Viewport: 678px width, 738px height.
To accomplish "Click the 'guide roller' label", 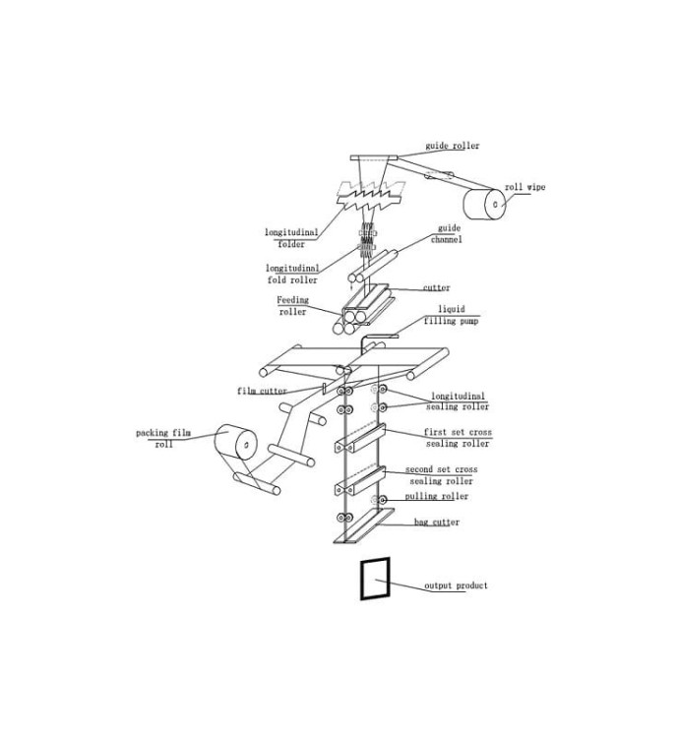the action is click(453, 146).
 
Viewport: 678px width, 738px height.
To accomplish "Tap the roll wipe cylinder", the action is click(484, 204).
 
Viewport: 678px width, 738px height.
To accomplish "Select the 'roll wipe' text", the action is click(524, 187).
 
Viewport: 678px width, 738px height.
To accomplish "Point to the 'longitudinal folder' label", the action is click(291, 238).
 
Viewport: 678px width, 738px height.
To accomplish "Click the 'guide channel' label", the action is click(447, 234).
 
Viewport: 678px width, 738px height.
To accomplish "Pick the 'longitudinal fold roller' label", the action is click(292, 274).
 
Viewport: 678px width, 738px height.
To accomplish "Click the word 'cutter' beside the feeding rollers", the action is click(437, 287).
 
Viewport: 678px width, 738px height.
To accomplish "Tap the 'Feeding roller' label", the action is click(292, 305).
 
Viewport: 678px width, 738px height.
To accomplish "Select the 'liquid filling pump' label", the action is click(451, 315).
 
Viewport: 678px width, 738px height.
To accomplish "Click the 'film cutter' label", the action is click(262, 391).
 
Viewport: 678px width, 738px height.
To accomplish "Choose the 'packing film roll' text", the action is click(163, 438).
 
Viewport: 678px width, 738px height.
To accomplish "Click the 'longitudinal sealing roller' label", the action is click(458, 401).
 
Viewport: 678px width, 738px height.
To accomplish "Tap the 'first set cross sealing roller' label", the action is click(458, 438).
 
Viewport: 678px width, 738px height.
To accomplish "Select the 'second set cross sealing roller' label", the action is click(442, 475).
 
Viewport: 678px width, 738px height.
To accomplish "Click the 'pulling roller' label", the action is click(437, 497).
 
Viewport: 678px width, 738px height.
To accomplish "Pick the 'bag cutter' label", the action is click(437, 522).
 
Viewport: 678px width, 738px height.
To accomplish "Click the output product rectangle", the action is click(361, 579).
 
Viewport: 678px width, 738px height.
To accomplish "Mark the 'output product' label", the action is click(456, 586).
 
